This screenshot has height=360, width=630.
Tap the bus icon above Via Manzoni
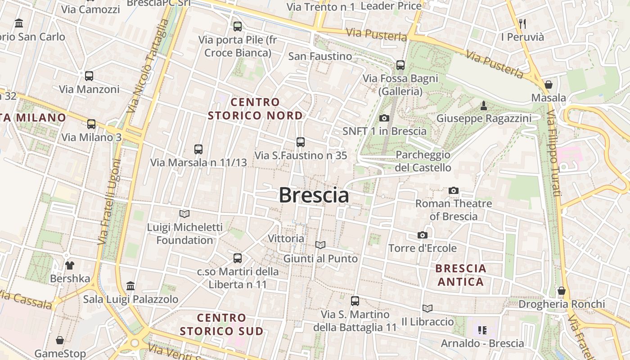pyautogui.click(x=89, y=76)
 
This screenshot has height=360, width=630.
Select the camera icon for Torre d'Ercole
pyautogui.click(x=422, y=235)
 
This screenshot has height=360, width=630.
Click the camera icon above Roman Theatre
pyautogui.click(x=454, y=190)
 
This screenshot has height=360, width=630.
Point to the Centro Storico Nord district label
pyautogui.click(x=255, y=109)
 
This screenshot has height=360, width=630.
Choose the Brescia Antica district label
pyautogui.click(x=461, y=275)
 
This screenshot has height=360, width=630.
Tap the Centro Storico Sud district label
pyautogui.click(x=222, y=324)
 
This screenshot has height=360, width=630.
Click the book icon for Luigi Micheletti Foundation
pyautogui.click(x=184, y=214)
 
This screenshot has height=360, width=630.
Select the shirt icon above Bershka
pyautogui.click(x=70, y=265)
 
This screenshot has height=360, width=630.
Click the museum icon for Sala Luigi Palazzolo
pyautogui.click(x=130, y=286)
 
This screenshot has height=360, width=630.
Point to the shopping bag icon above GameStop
pyautogui.click(x=60, y=340)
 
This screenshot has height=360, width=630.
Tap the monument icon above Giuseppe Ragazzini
pyautogui.click(x=484, y=106)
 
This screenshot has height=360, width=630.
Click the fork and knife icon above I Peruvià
pyautogui.click(x=522, y=23)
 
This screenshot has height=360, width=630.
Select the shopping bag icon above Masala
pyautogui.click(x=549, y=84)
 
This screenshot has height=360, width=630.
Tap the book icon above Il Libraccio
pyautogui.click(x=427, y=308)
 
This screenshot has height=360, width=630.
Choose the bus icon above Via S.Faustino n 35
pyautogui.click(x=301, y=142)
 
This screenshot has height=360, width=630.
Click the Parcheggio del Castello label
pyautogui.click(x=423, y=161)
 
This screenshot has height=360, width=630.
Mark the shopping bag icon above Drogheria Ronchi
pyautogui.click(x=562, y=291)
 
